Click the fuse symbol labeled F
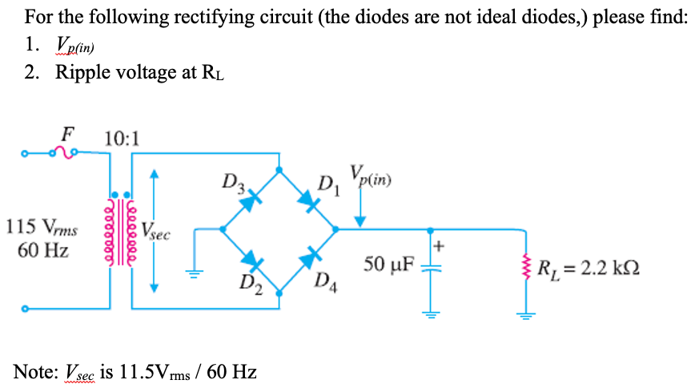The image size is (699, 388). (x=64, y=152)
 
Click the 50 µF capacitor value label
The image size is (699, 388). (x=388, y=264)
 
